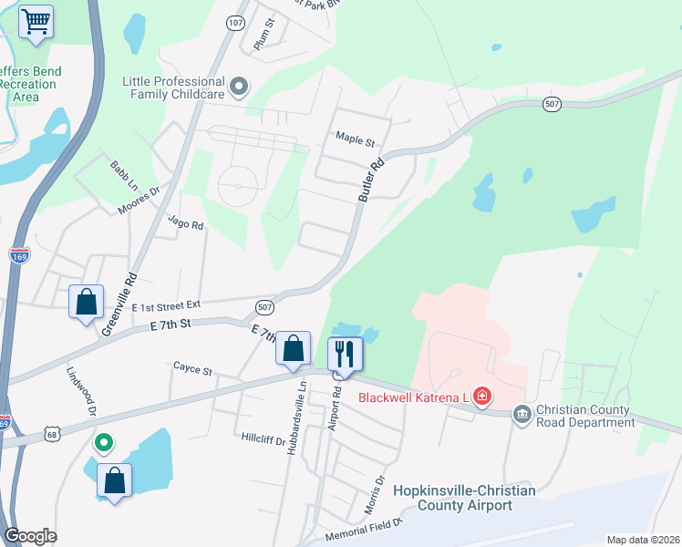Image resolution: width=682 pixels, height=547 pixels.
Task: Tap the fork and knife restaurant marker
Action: point(345,354)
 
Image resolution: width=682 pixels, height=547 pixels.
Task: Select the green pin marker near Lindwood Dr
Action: point(104,443)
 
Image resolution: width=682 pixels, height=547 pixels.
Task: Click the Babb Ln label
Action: point(121,171)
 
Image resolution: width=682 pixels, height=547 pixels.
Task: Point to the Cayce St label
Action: point(192,370)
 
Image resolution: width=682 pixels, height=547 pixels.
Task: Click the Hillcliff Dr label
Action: point(263,439)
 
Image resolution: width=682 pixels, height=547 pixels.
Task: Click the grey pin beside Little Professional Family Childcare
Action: point(239,88)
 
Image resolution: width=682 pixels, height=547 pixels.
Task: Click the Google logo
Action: point(31,536)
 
